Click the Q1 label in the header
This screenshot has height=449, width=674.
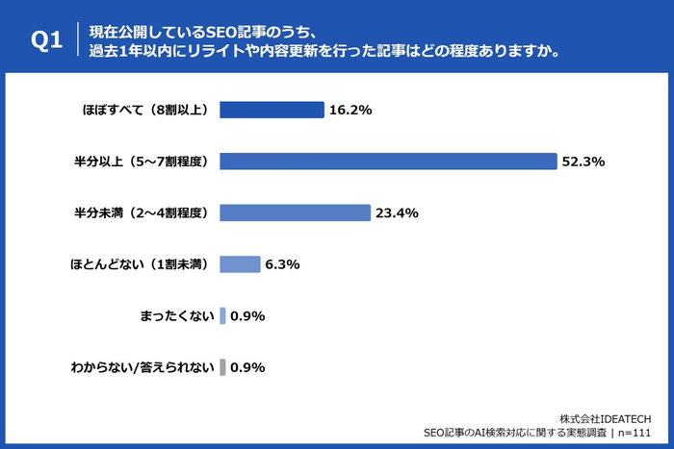tap(46, 40)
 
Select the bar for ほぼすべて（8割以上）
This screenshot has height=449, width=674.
tap(272, 110)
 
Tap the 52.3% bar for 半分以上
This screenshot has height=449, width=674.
tap(388, 162)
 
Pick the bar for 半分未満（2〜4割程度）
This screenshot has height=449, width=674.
tap(295, 212)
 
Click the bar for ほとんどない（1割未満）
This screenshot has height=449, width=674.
tap(240, 264)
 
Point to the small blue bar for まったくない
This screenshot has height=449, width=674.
tap(222, 316)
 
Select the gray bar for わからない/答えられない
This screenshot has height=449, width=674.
tap(222, 367)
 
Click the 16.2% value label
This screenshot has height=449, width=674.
tap(350, 111)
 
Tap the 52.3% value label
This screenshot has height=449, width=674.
tap(583, 162)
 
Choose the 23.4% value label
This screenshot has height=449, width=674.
tap(397, 213)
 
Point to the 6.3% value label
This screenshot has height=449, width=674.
tap(282, 264)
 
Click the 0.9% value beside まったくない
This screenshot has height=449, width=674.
tap(247, 316)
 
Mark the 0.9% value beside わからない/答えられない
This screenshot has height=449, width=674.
tap(247, 368)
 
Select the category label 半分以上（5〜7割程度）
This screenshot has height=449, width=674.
tap(142, 162)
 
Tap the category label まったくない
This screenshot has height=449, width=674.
tap(176, 316)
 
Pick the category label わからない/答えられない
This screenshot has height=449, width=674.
tap(143, 368)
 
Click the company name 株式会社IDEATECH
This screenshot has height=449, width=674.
tap(606, 419)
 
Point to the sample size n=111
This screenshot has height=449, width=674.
tap(635, 433)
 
